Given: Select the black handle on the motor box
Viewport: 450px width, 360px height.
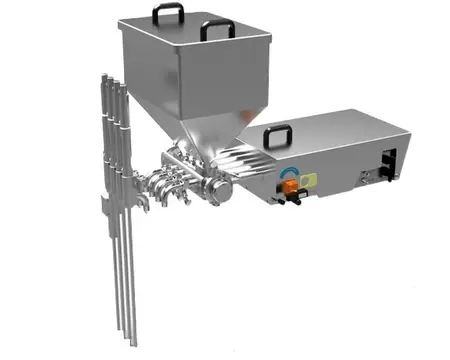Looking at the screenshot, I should click(x=277, y=133).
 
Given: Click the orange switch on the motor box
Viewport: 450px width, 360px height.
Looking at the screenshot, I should click(x=289, y=181).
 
